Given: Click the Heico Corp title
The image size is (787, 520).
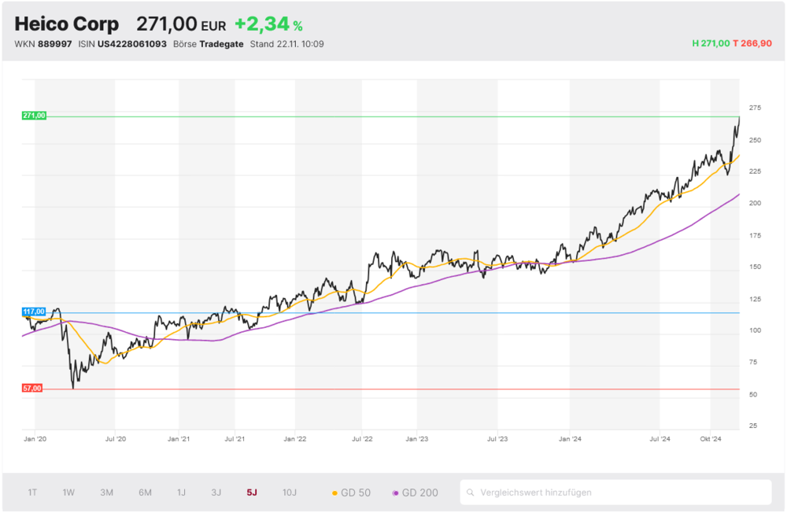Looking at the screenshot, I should pyautogui.click(x=67, y=24).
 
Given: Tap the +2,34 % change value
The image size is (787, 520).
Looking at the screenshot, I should pyautogui.click(x=268, y=25).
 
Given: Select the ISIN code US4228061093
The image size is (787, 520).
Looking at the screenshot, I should pyautogui.click(x=131, y=44).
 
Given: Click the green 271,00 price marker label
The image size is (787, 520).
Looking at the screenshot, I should pyautogui.click(x=35, y=116).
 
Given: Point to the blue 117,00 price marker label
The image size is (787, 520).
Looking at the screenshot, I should pyautogui.click(x=35, y=312).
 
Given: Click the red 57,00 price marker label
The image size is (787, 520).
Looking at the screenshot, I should pyautogui.click(x=33, y=389).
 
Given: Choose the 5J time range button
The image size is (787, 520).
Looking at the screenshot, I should pyautogui.click(x=252, y=492).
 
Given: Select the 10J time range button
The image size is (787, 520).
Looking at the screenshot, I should pyautogui.click(x=290, y=492).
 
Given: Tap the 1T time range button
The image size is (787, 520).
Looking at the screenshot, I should pyautogui.click(x=32, y=492).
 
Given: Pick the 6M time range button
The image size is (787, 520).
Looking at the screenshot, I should pyautogui.click(x=145, y=492).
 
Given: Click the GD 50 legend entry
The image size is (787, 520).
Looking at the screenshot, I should pyautogui.click(x=351, y=492).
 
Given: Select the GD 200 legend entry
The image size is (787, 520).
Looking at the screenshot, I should pyautogui.click(x=416, y=492).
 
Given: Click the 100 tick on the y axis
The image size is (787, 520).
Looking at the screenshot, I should pyautogui.click(x=756, y=330).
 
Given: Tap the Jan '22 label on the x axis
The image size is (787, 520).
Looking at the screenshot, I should pyautogui.click(x=295, y=440).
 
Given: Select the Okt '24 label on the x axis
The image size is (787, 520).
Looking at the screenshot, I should pyautogui.click(x=711, y=440).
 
